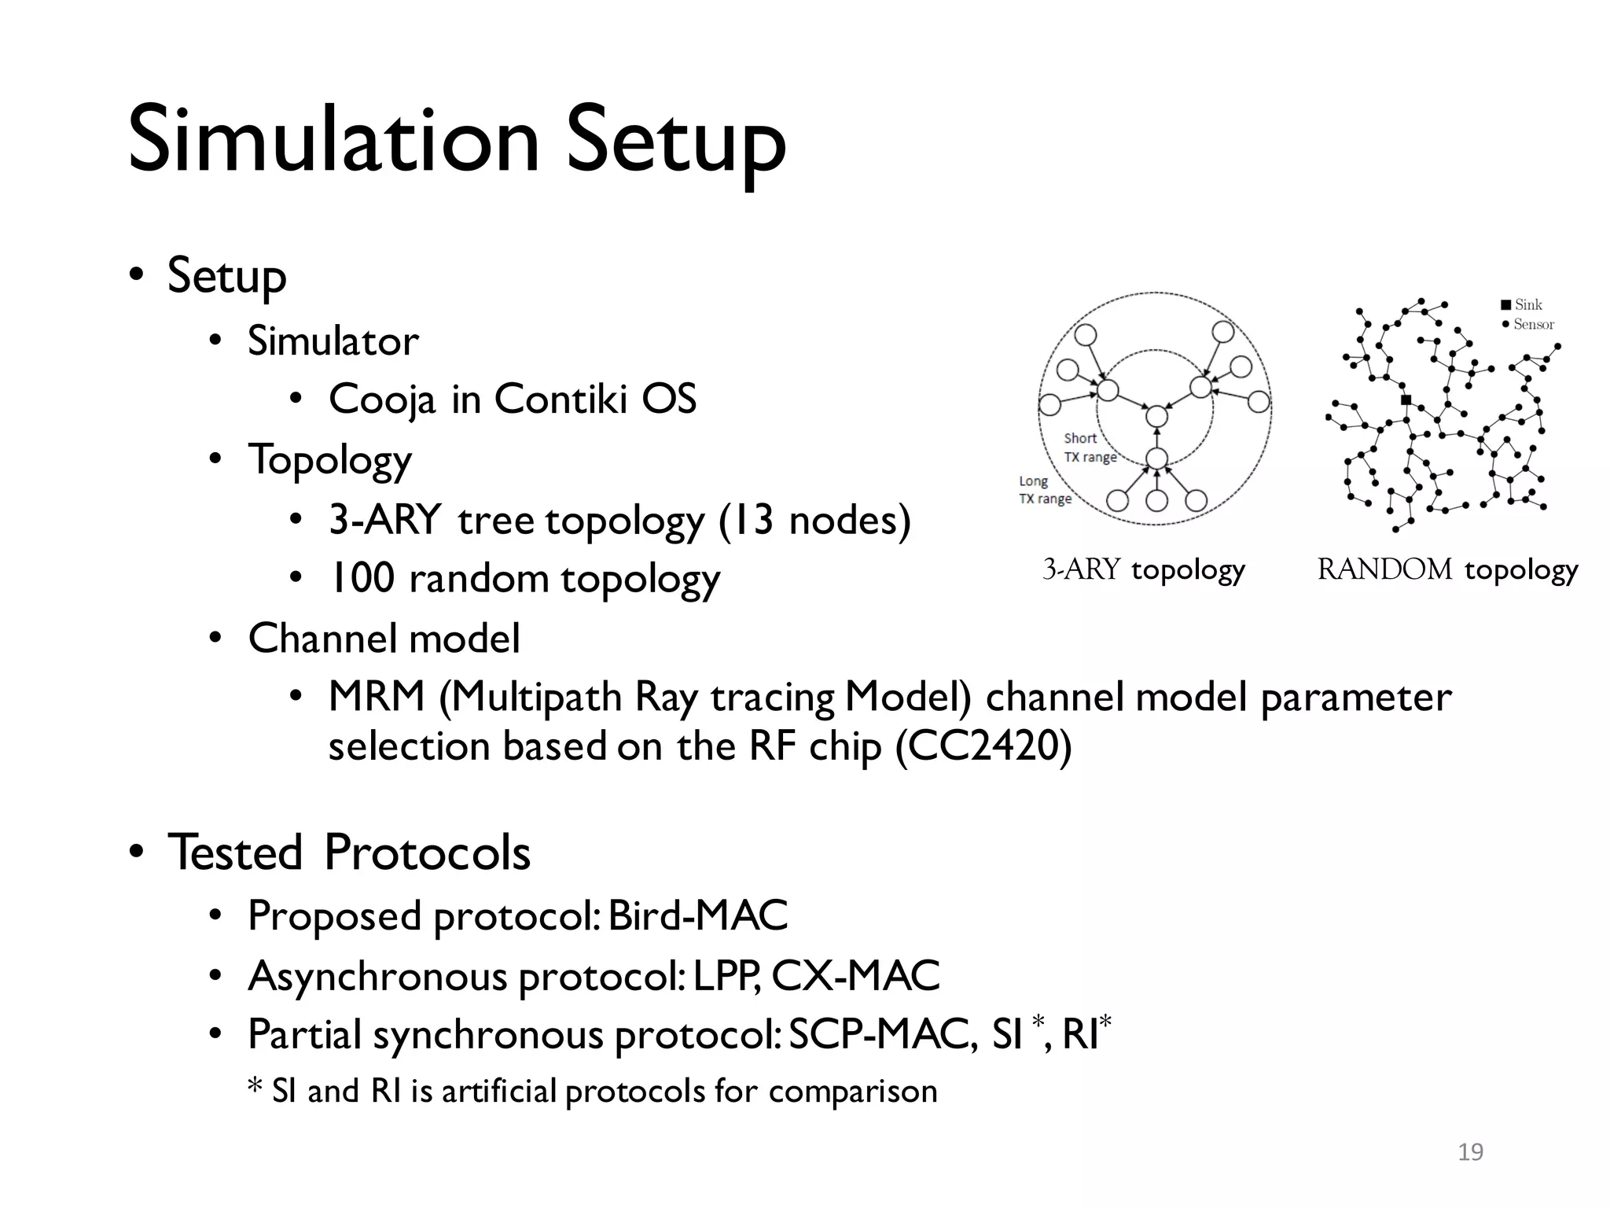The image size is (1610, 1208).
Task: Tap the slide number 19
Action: point(1470,1152)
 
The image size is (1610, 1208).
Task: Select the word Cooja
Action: point(381,400)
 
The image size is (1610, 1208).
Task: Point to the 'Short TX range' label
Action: point(1089,447)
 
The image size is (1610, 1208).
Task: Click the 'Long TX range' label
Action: point(1044,489)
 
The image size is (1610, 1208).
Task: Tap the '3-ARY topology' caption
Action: point(1144,569)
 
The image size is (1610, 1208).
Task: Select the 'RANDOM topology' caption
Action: point(1447,569)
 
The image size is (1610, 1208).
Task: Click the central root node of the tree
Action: point(1156,416)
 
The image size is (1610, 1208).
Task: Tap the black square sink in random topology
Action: point(1406,400)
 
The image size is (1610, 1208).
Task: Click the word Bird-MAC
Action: point(697,915)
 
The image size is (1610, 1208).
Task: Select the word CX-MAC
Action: point(855,976)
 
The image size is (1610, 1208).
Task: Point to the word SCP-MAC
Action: point(883,1034)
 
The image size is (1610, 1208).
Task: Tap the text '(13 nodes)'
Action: point(814,521)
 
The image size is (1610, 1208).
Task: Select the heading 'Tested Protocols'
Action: point(349,853)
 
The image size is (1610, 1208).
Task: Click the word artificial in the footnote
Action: point(499,1092)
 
